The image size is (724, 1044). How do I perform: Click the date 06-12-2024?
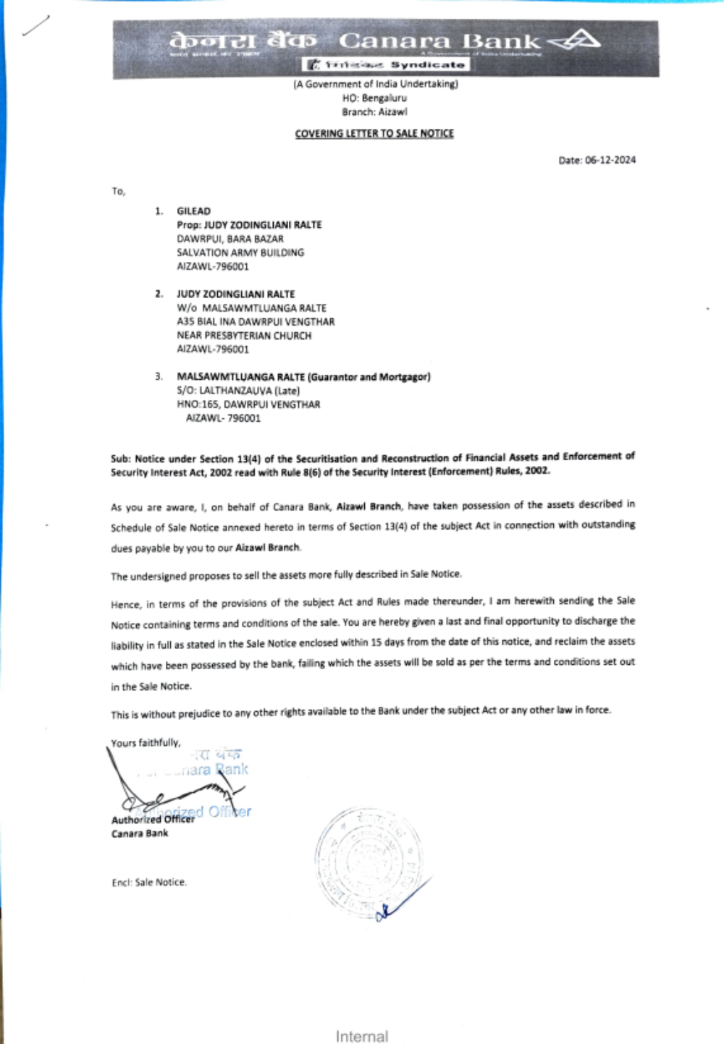(610, 161)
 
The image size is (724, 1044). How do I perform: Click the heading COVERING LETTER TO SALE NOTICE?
(374, 134)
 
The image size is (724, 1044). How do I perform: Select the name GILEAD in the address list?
(193, 211)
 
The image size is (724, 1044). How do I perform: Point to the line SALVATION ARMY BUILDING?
(240, 252)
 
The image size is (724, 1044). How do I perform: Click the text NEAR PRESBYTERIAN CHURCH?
(244, 336)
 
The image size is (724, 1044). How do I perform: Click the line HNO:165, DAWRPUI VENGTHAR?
(248, 404)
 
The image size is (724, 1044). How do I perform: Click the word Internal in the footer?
(362, 1036)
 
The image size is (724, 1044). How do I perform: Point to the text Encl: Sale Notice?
(149, 883)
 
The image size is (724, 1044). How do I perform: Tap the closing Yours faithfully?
(146, 743)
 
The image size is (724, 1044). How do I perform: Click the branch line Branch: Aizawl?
(374, 112)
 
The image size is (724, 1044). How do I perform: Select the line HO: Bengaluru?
(374, 98)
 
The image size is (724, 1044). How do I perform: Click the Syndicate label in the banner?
(427, 65)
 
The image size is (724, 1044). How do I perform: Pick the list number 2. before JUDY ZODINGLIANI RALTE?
(159, 294)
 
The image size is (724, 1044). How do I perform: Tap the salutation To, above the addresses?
(118, 192)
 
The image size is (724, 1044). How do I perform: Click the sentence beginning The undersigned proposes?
(286, 575)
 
